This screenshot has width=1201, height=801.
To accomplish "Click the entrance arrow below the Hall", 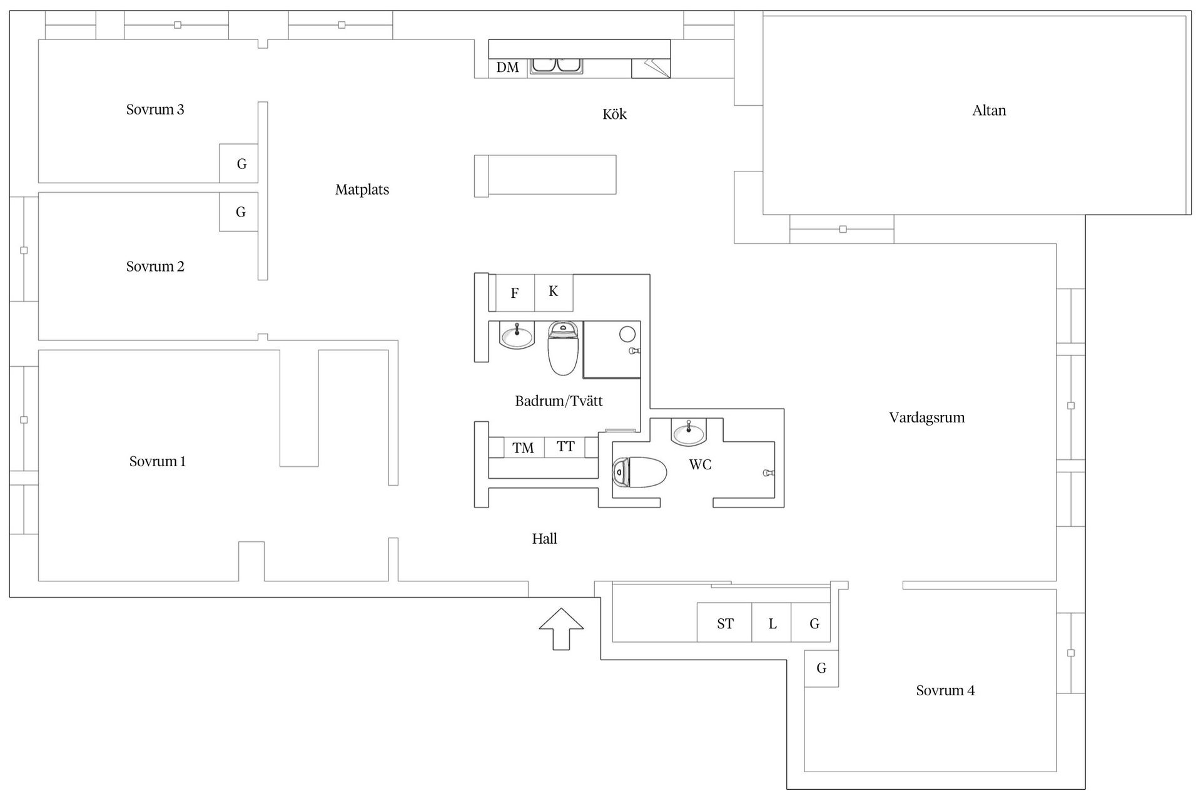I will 561,628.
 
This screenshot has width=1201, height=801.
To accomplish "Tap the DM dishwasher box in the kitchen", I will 507,68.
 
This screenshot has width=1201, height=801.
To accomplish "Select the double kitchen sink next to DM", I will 556,66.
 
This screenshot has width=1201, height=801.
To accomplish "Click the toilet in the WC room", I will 639,472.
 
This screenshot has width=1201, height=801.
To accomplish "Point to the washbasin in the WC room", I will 689,432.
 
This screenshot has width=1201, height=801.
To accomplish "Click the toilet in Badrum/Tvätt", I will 563,348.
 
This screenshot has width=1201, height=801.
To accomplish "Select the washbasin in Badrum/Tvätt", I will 517,335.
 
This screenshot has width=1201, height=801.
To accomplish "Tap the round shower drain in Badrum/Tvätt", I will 627,334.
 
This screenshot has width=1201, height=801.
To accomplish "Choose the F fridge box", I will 515,293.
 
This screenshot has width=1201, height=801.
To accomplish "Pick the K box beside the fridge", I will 554,292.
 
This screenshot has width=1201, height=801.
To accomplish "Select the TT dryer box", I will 565,447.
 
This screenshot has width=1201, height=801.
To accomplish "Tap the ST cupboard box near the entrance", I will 724,623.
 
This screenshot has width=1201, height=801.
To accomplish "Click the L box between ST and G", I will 772,623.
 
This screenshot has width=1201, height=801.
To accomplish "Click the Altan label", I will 989,111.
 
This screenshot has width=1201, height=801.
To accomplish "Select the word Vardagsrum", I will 926,417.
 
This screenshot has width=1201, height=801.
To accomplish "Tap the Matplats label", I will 362,190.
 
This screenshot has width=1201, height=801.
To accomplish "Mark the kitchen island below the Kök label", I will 545,175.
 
